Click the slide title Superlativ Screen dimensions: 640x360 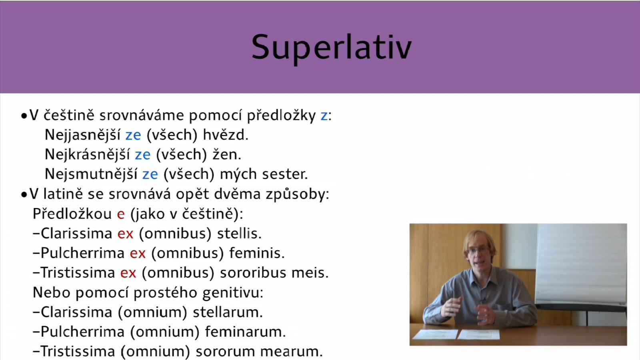(332, 48)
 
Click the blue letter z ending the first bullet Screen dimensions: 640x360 (324, 116)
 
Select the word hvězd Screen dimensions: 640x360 (226, 134)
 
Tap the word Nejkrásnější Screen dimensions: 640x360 (88, 154)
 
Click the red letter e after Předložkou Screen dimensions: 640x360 (121, 214)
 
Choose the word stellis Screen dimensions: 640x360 (239, 234)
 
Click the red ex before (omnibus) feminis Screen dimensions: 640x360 (138, 253)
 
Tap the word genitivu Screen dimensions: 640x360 (232, 293)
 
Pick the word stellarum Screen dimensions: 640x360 (228, 312)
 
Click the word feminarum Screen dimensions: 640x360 (246, 332)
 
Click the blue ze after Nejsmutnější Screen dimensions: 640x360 (150, 174)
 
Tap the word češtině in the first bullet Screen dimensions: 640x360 (69, 116)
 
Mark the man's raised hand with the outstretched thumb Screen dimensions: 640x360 (452, 306)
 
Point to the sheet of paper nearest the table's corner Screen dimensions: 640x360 (435, 334)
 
